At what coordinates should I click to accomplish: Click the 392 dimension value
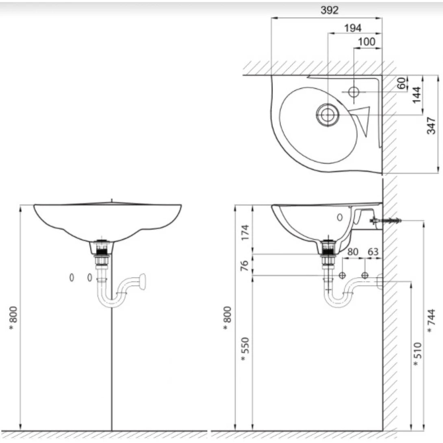pyautogui.click(x=329, y=10)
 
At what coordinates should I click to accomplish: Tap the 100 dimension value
pyautogui.click(x=367, y=41)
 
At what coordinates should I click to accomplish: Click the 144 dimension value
pyautogui.click(x=417, y=95)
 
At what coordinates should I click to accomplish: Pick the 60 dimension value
pyautogui.click(x=402, y=83)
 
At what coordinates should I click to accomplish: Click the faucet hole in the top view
pyautogui.click(x=354, y=92)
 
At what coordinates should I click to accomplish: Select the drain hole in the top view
pyautogui.click(x=327, y=115)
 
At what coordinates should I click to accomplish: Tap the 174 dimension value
pyautogui.click(x=245, y=232)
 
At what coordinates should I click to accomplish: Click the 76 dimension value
pyautogui.click(x=245, y=265)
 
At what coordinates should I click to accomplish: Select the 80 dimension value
pyautogui.click(x=353, y=252)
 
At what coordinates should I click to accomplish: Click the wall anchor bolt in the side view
pyautogui.click(x=385, y=221)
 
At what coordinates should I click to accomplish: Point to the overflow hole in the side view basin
pyautogui.click(x=340, y=217)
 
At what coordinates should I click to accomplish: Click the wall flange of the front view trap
pyautogui.click(x=142, y=281)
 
